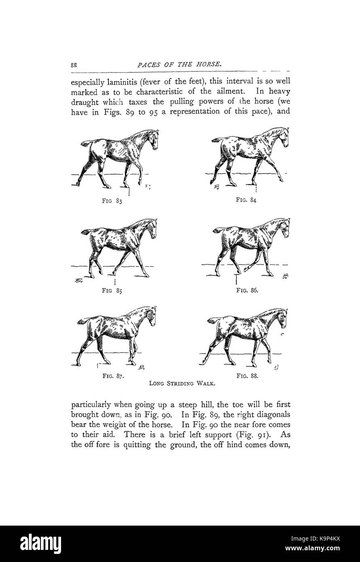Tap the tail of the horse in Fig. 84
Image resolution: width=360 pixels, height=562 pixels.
point(216,140)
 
